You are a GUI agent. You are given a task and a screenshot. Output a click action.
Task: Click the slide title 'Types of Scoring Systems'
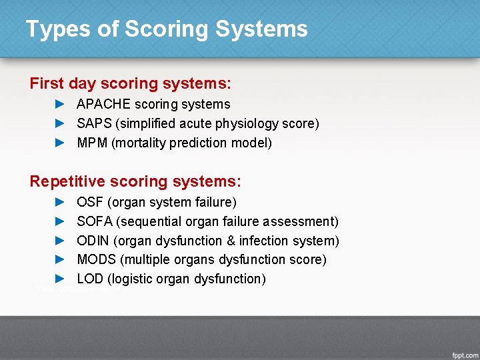[x=167, y=29]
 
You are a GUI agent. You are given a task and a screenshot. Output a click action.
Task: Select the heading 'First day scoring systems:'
[x=131, y=83]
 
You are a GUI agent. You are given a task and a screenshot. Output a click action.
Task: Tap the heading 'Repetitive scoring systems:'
[x=135, y=181]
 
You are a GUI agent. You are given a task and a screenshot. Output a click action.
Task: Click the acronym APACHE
[x=103, y=104]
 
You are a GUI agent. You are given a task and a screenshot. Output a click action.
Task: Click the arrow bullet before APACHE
[x=59, y=104]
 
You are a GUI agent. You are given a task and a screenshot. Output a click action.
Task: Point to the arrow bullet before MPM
[x=59, y=143]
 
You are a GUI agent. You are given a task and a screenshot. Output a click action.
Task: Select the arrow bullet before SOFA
[x=59, y=221]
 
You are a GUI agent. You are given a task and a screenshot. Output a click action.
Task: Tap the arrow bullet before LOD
[x=59, y=279]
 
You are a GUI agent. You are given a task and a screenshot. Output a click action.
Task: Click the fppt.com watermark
[x=463, y=352]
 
